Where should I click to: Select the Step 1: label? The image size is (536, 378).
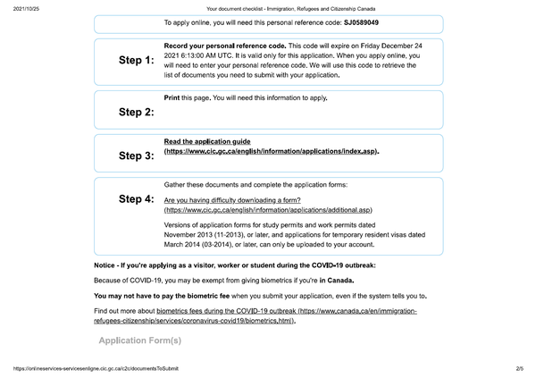pyautogui.click(x=136, y=61)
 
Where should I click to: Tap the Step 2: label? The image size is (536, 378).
pyautogui.click(x=136, y=113)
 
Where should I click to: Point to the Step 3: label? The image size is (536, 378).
pyautogui.click(x=136, y=155)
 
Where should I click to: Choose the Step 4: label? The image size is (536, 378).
pyautogui.click(x=136, y=197)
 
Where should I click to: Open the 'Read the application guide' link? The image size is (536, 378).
pyautogui.click(x=207, y=141)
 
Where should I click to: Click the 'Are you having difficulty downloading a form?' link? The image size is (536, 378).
pyautogui.click(x=232, y=200)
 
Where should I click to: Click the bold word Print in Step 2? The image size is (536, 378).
pyautogui.click(x=173, y=97)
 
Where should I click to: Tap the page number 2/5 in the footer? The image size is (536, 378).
pyautogui.click(x=519, y=369)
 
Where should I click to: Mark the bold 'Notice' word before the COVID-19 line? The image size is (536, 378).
pyautogui.click(x=107, y=266)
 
